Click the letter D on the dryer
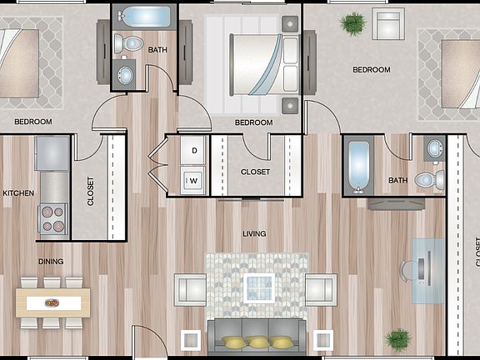(194, 151)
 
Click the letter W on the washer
(194, 179)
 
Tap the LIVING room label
(254, 234)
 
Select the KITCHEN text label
(18, 193)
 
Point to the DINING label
(51, 261)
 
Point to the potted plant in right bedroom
(353, 22)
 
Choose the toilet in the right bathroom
(430, 178)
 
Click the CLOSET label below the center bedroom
(255, 172)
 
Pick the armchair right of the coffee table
(321, 289)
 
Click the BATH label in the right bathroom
(397, 180)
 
